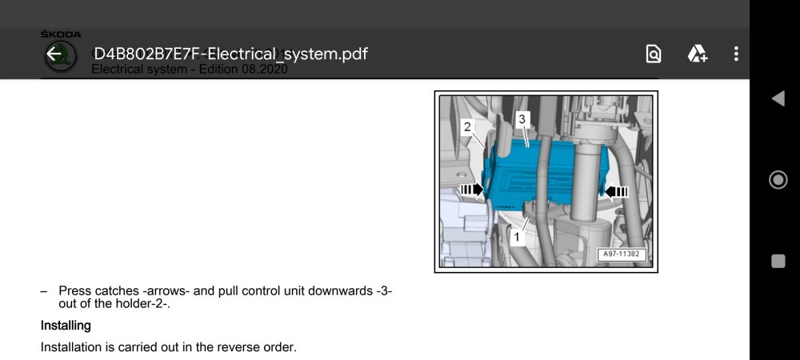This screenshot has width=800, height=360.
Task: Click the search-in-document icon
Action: tap(654, 54)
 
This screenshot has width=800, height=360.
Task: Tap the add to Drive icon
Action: tap(697, 54)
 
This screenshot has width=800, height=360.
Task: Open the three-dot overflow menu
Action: tap(736, 54)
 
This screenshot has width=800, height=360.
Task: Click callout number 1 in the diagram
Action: tap(517, 237)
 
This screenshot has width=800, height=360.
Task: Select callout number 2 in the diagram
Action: tap(467, 126)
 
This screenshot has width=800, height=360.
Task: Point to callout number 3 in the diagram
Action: tap(522, 119)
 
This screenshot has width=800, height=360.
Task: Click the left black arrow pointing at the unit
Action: tap(472, 190)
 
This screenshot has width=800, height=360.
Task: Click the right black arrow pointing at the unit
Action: tap(616, 191)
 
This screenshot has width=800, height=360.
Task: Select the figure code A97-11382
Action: tap(621, 254)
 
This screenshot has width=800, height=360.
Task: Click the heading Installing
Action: tap(66, 326)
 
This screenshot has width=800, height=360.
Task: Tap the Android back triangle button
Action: tap(778, 98)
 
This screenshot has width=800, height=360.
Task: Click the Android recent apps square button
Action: tap(778, 261)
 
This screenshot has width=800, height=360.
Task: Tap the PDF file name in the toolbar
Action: tap(230, 54)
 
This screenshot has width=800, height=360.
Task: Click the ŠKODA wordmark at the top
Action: tap(61, 34)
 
